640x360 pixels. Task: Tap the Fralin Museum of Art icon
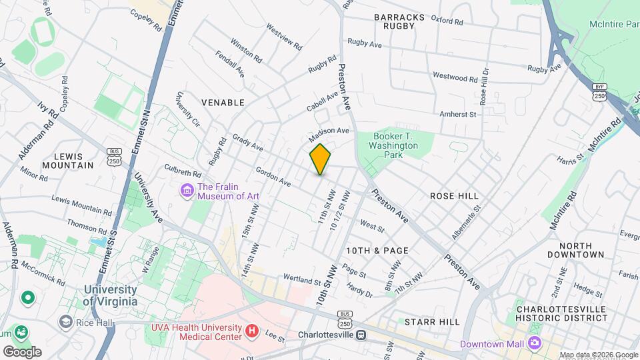point(187,191)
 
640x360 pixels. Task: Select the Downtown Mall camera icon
point(534,343)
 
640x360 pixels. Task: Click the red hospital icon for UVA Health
point(251,330)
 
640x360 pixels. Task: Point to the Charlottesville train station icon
point(361,335)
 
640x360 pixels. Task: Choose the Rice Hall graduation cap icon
point(65,321)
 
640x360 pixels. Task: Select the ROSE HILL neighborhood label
point(454,196)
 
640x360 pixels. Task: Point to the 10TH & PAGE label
point(377,250)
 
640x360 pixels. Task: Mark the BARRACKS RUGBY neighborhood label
point(394,21)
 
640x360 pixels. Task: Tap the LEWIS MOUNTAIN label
point(67,160)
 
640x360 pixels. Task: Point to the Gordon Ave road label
point(273,177)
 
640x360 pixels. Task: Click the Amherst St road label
point(457,115)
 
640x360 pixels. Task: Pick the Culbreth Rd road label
point(182,173)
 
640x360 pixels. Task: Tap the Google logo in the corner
point(22,351)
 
